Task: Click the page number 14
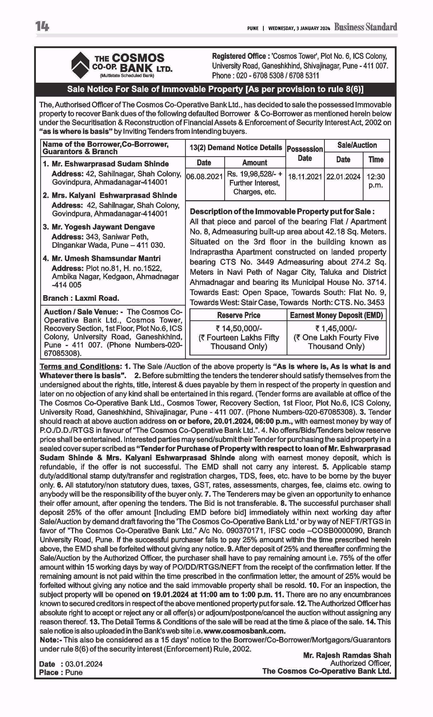(x=42, y=26)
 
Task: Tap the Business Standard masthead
(x=366, y=27)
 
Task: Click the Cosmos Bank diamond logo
(x=80, y=65)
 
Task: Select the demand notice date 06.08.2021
(x=204, y=177)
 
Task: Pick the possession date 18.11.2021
(x=305, y=177)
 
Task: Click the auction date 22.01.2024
(x=343, y=177)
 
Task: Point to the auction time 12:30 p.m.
(x=376, y=181)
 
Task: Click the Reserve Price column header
(x=239, y=315)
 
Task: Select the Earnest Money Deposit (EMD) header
(x=336, y=315)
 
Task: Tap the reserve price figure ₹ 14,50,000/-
(x=239, y=328)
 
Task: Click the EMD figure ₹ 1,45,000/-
(x=336, y=328)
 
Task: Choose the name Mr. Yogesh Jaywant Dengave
(x=103, y=227)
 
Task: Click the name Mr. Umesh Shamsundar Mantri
(x=106, y=259)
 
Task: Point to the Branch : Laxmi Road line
(x=81, y=298)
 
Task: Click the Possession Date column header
(x=305, y=153)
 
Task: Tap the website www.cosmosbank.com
(x=244, y=631)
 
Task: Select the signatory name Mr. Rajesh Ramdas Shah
(x=347, y=655)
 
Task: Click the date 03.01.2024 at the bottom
(x=84, y=664)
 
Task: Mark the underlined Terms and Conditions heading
(x=79, y=366)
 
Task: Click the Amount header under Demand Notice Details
(x=255, y=163)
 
